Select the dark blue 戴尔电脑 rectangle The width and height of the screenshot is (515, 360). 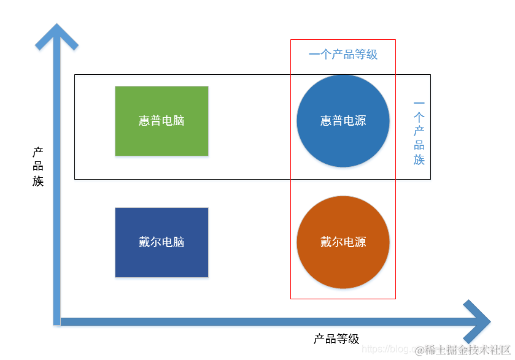[161, 261]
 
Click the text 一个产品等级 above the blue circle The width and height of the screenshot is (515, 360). [343, 55]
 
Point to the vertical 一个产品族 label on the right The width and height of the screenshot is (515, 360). [419, 133]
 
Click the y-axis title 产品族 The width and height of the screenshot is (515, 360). [38, 166]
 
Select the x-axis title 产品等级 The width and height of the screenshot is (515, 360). [336, 339]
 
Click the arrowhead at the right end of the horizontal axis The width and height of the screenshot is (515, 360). [478, 322]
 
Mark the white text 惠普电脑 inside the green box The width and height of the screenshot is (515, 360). [161, 121]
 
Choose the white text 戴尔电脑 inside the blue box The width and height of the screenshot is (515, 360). [161, 242]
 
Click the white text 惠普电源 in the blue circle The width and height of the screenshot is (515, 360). [343, 121]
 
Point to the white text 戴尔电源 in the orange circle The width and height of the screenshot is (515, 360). [343, 242]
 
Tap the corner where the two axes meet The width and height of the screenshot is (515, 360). [57, 321]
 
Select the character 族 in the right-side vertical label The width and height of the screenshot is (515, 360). [419, 159]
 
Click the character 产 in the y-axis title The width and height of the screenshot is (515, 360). [38, 151]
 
